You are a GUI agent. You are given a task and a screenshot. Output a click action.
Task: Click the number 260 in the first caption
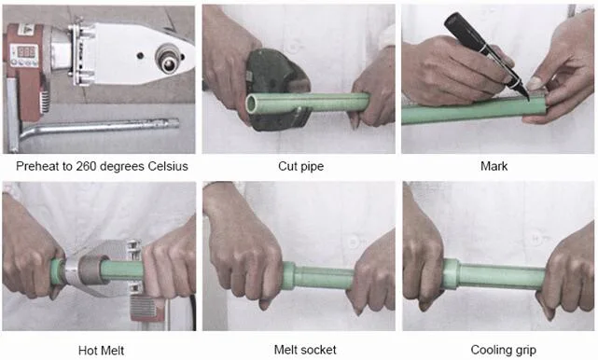tap(86, 166)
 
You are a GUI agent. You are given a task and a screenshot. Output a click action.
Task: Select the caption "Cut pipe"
tap(301, 166)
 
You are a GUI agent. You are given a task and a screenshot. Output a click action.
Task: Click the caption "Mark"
tap(494, 166)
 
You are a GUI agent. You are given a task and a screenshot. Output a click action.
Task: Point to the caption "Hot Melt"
tap(101, 351)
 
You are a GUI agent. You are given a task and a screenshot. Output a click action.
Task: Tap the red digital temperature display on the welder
tap(26, 50)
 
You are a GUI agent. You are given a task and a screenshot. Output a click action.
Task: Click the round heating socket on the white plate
tap(169, 59)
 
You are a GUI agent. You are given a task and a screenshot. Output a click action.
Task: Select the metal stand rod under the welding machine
tap(99, 128)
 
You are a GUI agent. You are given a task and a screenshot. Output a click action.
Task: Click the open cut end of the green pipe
tap(253, 104)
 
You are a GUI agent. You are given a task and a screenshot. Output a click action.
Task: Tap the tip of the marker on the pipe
tap(529, 100)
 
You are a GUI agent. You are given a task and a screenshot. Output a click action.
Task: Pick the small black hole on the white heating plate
tap(140, 56)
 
